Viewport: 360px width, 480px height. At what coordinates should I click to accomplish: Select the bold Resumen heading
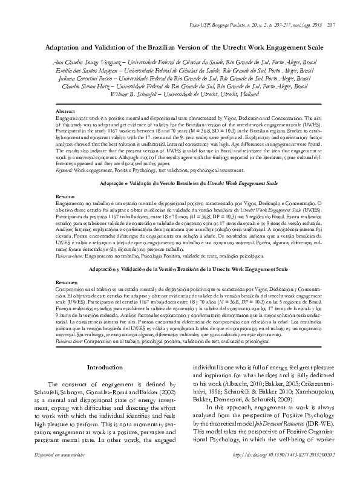[67, 283]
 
